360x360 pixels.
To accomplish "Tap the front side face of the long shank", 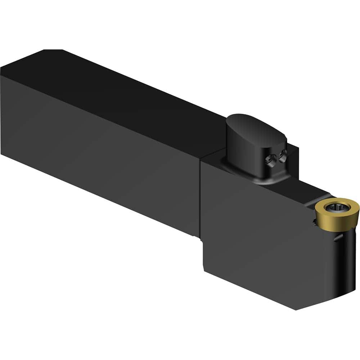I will click(97, 144).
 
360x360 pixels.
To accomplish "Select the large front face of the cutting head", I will click(256, 230).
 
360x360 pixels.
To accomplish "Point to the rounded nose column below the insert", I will click(347, 259).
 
